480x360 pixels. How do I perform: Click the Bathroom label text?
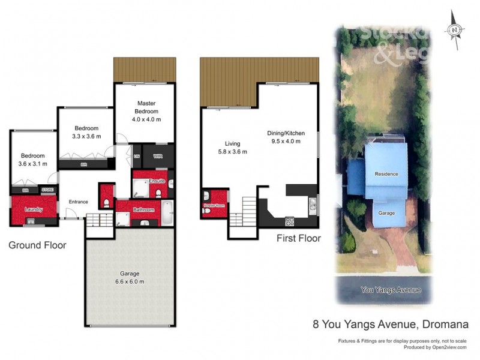[x=144, y=209]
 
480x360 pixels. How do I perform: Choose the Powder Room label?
[x=214, y=206]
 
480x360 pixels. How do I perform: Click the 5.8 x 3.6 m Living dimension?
[x=232, y=152]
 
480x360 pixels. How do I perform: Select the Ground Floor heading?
[x=37, y=245]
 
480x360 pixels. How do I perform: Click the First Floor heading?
[x=298, y=238]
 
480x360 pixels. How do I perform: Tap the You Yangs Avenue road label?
[x=390, y=290]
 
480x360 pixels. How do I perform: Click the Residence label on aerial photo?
[x=386, y=174]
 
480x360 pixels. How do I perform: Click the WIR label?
[x=158, y=156]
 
